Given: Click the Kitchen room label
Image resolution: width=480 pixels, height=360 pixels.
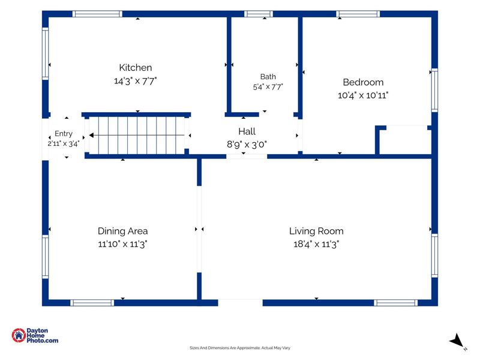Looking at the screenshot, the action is (136, 67).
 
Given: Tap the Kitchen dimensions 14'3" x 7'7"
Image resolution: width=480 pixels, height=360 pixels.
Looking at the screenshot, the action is (136, 81).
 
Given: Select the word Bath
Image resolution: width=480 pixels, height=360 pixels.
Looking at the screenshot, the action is (268, 77).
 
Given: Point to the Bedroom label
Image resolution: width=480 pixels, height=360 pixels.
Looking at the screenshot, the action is (363, 82).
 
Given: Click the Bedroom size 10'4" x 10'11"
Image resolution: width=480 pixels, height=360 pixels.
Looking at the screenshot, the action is (363, 95).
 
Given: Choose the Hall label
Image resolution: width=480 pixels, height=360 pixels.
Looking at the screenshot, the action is (247, 131).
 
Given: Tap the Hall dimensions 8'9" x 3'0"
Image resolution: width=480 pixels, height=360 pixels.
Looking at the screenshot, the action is (247, 144).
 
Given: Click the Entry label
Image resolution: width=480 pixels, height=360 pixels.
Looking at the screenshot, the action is (64, 134).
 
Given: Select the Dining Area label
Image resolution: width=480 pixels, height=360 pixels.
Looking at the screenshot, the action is (123, 231).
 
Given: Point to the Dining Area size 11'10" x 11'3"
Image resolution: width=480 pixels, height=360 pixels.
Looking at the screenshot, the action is (123, 244).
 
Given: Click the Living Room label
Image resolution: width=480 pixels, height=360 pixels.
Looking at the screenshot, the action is (316, 231).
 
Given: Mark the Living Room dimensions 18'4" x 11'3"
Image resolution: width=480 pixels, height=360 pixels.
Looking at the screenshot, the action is (316, 244).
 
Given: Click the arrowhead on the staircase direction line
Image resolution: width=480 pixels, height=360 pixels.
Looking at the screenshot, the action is (91, 135).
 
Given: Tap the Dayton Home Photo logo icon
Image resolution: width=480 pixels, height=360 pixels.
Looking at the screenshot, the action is (19, 335).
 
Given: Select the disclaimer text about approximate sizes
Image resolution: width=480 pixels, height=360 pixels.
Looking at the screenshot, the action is (239, 348).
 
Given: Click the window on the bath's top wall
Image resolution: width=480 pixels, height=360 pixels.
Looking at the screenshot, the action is (259, 14).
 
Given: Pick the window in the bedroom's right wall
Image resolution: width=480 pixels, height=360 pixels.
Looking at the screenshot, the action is (434, 91).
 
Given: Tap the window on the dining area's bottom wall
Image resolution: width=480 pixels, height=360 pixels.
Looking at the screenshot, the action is (92, 303).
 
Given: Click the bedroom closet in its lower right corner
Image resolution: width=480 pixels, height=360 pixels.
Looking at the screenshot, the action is (403, 140).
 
